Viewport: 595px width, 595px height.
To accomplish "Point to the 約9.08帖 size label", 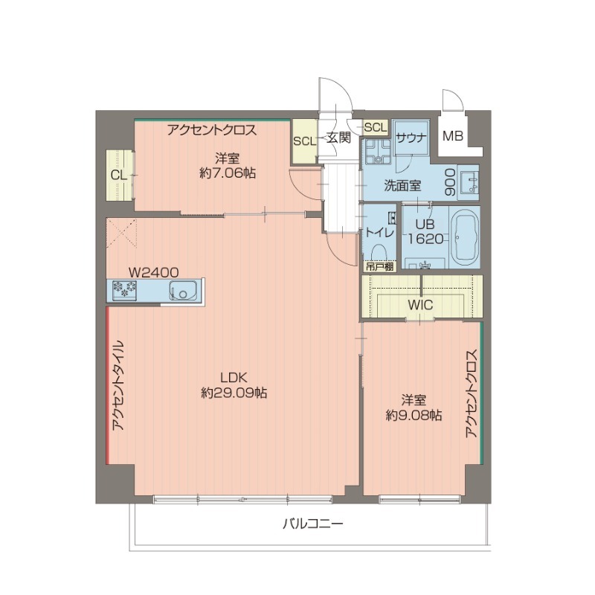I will tap(414, 416).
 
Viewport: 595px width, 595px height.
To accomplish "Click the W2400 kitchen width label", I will tap(153, 272).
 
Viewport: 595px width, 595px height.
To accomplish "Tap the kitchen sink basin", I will tap(182, 290).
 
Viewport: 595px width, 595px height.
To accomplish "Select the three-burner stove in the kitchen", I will tap(126, 290).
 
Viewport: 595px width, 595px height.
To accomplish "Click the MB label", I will tap(452, 137).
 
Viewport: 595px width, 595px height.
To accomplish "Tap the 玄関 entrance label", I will tap(338, 137).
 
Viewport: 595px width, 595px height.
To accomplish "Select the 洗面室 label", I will tap(402, 186).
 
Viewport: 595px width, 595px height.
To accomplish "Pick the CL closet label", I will tap(118, 175).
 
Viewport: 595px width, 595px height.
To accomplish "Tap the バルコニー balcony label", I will tap(312, 524).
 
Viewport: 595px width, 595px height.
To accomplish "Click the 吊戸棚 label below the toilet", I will tap(379, 265).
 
